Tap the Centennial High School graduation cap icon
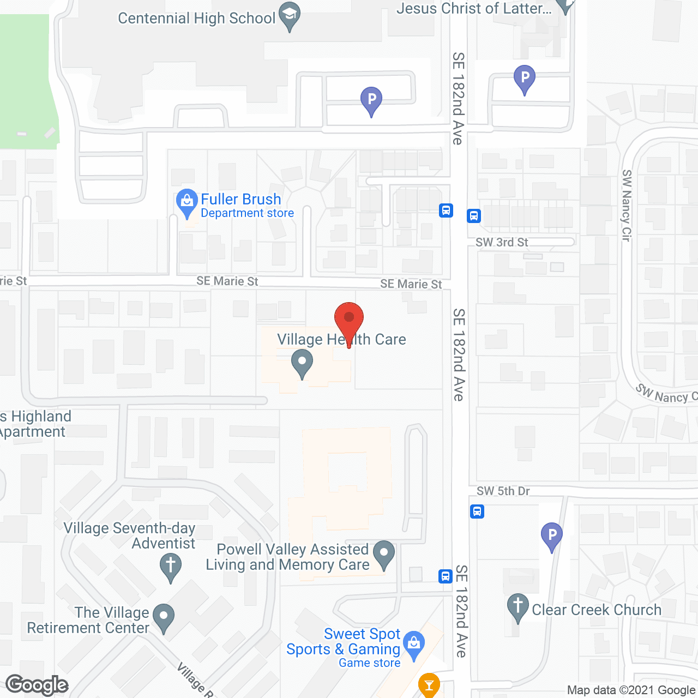(290, 16)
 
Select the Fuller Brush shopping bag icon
(187, 203)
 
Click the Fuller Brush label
(241, 200)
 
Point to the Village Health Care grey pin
(302, 363)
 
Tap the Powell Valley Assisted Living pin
(384, 554)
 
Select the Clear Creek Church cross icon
(518, 607)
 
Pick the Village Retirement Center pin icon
(163, 617)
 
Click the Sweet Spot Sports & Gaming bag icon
(414, 645)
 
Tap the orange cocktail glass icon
(429, 685)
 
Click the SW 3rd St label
(502, 243)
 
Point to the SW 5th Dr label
(503, 491)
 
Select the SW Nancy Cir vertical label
(627, 206)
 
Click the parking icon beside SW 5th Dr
(552, 535)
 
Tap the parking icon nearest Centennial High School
(371, 101)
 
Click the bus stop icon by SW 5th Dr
(477, 512)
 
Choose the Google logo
(37, 685)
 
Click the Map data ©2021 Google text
(631, 690)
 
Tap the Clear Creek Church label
(597, 610)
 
